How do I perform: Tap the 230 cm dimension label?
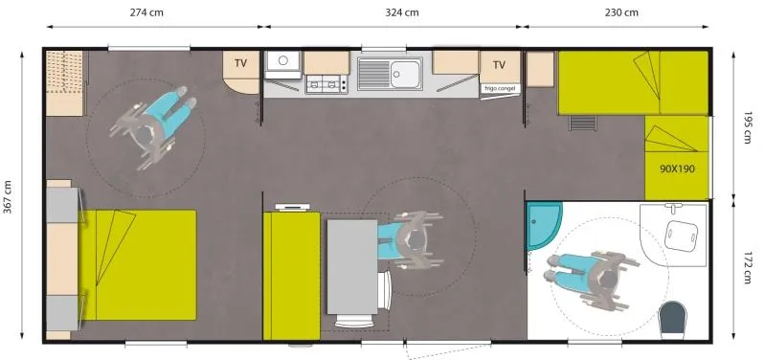coord(622,12)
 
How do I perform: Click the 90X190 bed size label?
coord(676,169)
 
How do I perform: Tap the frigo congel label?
coord(500,88)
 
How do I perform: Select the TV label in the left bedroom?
coord(241,64)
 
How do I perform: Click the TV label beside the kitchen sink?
coord(499,65)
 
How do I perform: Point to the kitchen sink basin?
coord(406,71)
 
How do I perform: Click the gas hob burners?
coord(326,85)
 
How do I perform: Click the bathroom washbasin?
coord(681,233)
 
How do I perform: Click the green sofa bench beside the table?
coord(291,276)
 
